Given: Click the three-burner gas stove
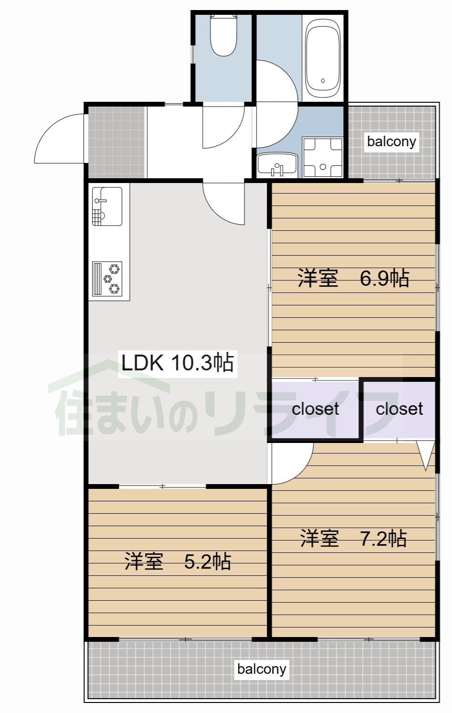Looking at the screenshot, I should (x=107, y=279).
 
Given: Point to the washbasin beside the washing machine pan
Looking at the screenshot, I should (x=277, y=164).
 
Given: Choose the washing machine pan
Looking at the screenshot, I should (x=323, y=157).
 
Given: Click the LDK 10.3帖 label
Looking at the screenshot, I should (x=178, y=363).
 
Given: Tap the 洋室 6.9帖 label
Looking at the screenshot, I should (x=353, y=278).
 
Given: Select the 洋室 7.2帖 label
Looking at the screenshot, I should (x=353, y=538).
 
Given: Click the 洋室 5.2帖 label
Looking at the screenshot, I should (x=178, y=561).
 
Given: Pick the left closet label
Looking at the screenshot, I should (x=315, y=409).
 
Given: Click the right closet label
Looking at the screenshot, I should (x=399, y=409).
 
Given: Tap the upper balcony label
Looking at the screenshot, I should (x=391, y=141).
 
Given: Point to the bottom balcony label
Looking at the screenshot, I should (x=262, y=669).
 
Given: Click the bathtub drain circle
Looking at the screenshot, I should (x=323, y=81).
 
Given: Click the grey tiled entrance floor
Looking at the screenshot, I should (x=116, y=142).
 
